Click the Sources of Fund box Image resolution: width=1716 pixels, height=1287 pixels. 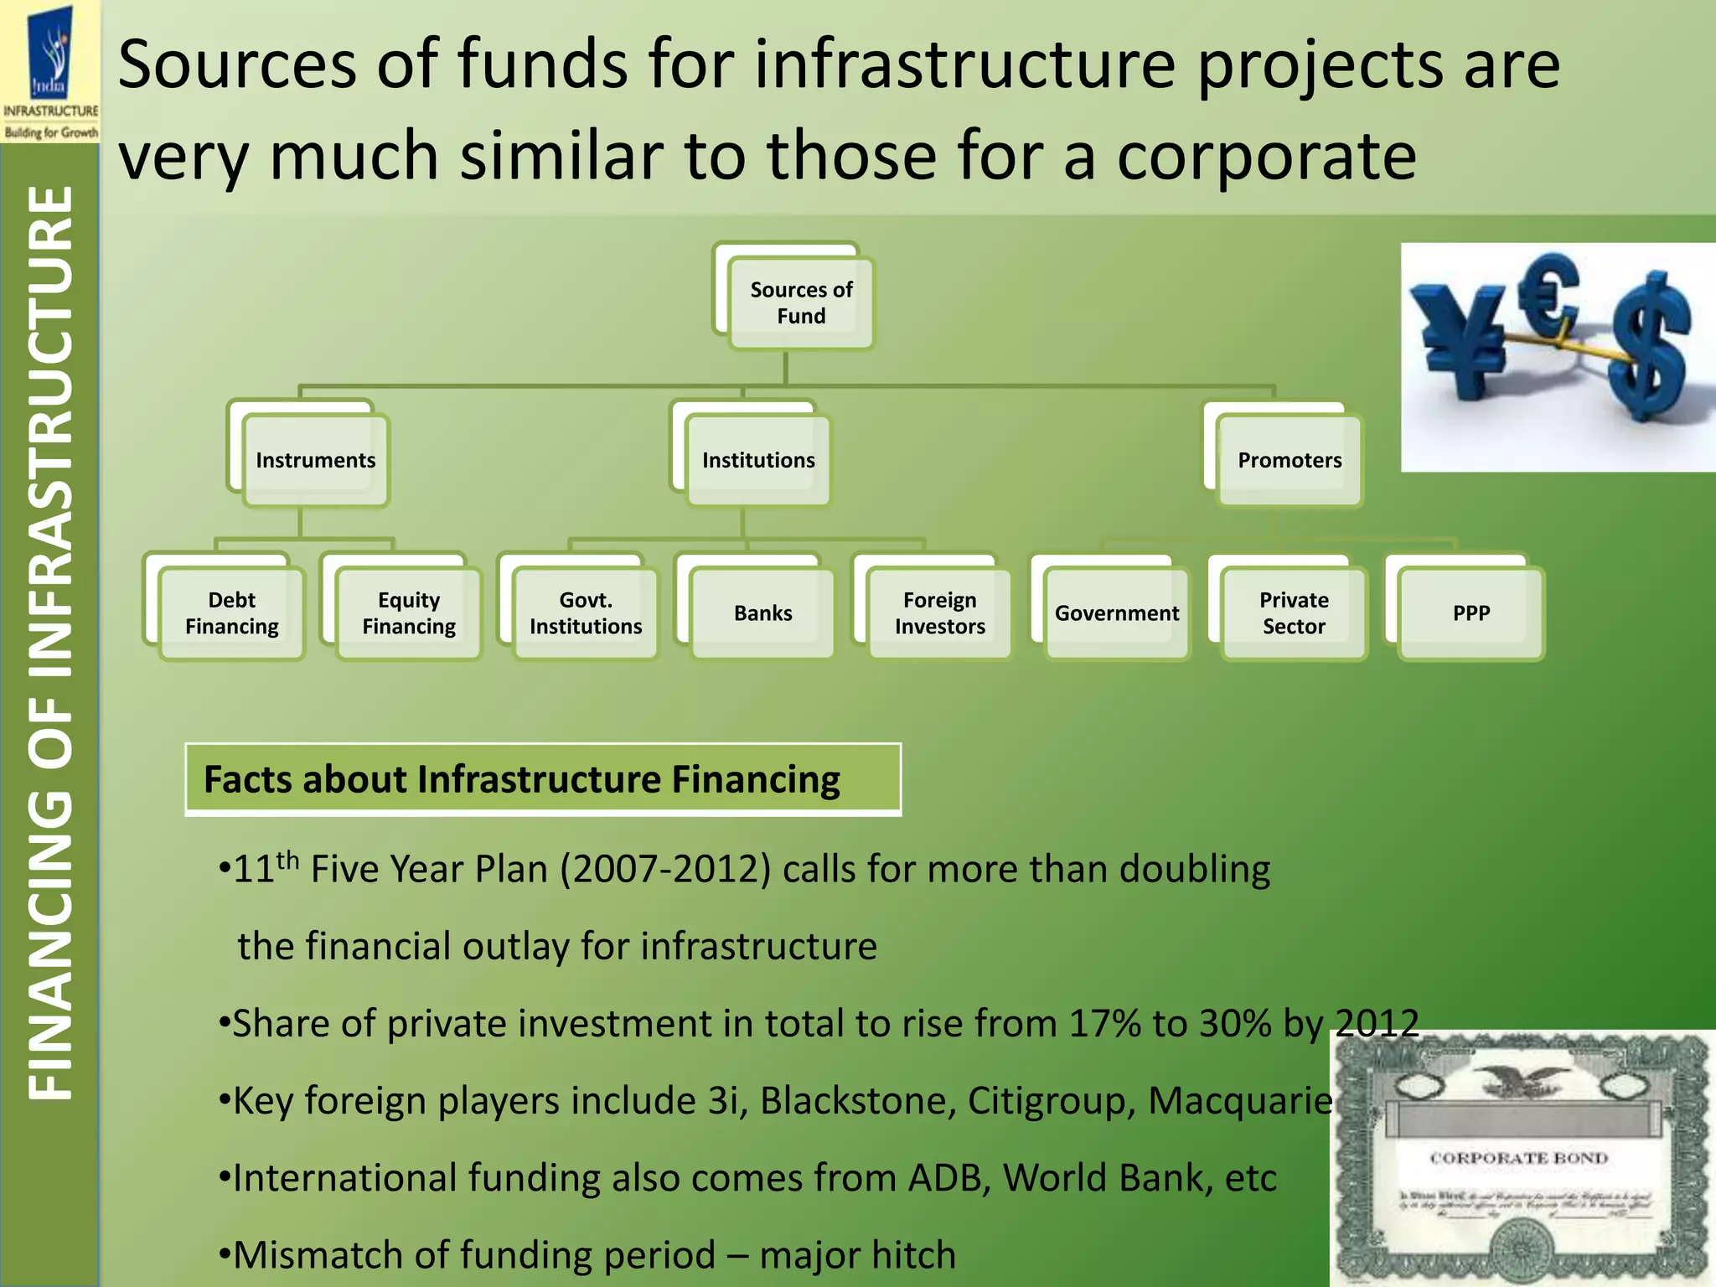click(x=800, y=302)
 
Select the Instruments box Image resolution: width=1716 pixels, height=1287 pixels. click(x=316, y=460)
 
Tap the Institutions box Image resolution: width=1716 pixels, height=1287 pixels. click(x=758, y=460)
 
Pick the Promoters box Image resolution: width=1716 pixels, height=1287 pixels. click(x=1290, y=460)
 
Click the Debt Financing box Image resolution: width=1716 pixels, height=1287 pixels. click(x=231, y=612)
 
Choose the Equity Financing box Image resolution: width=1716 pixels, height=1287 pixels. click(x=409, y=612)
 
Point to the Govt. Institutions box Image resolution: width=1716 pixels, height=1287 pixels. click(x=586, y=612)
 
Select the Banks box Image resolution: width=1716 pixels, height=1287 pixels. click(x=762, y=612)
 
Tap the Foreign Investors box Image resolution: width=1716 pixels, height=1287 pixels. click(x=939, y=612)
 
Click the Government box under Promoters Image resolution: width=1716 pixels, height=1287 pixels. click(x=1116, y=612)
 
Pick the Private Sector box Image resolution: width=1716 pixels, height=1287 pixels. click(x=1294, y=612)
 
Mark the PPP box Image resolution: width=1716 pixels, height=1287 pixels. click(x=1470, y=612)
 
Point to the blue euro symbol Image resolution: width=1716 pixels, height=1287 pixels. click(x=1552, y=293)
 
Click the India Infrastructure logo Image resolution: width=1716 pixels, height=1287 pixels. click(x=50, y=71)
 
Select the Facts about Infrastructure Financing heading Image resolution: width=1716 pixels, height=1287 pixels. click(x=522, y=779)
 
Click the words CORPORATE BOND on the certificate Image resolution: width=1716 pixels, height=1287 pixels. click(x=1518, y=1158)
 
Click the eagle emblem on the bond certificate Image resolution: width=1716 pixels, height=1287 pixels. click(x=1518, y=1081)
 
